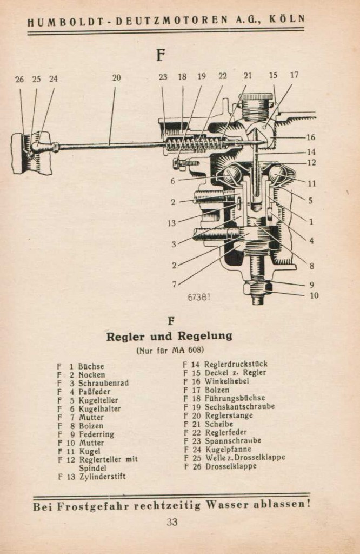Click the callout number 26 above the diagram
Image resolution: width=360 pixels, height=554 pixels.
[x=19, y=79]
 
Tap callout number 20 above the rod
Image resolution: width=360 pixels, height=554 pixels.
[x=116, y=78]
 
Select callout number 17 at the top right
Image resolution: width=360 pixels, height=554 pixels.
[x=294, y=75]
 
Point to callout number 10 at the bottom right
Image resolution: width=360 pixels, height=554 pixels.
[x=314, y=295]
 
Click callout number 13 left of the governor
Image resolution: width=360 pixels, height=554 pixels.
[x=171, y=223]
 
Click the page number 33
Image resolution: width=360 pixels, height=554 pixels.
[x=172, y=522]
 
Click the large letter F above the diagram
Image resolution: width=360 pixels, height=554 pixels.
[x=160, y=55]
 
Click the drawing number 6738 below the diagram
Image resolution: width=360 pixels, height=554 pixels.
[x=198, y=297]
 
